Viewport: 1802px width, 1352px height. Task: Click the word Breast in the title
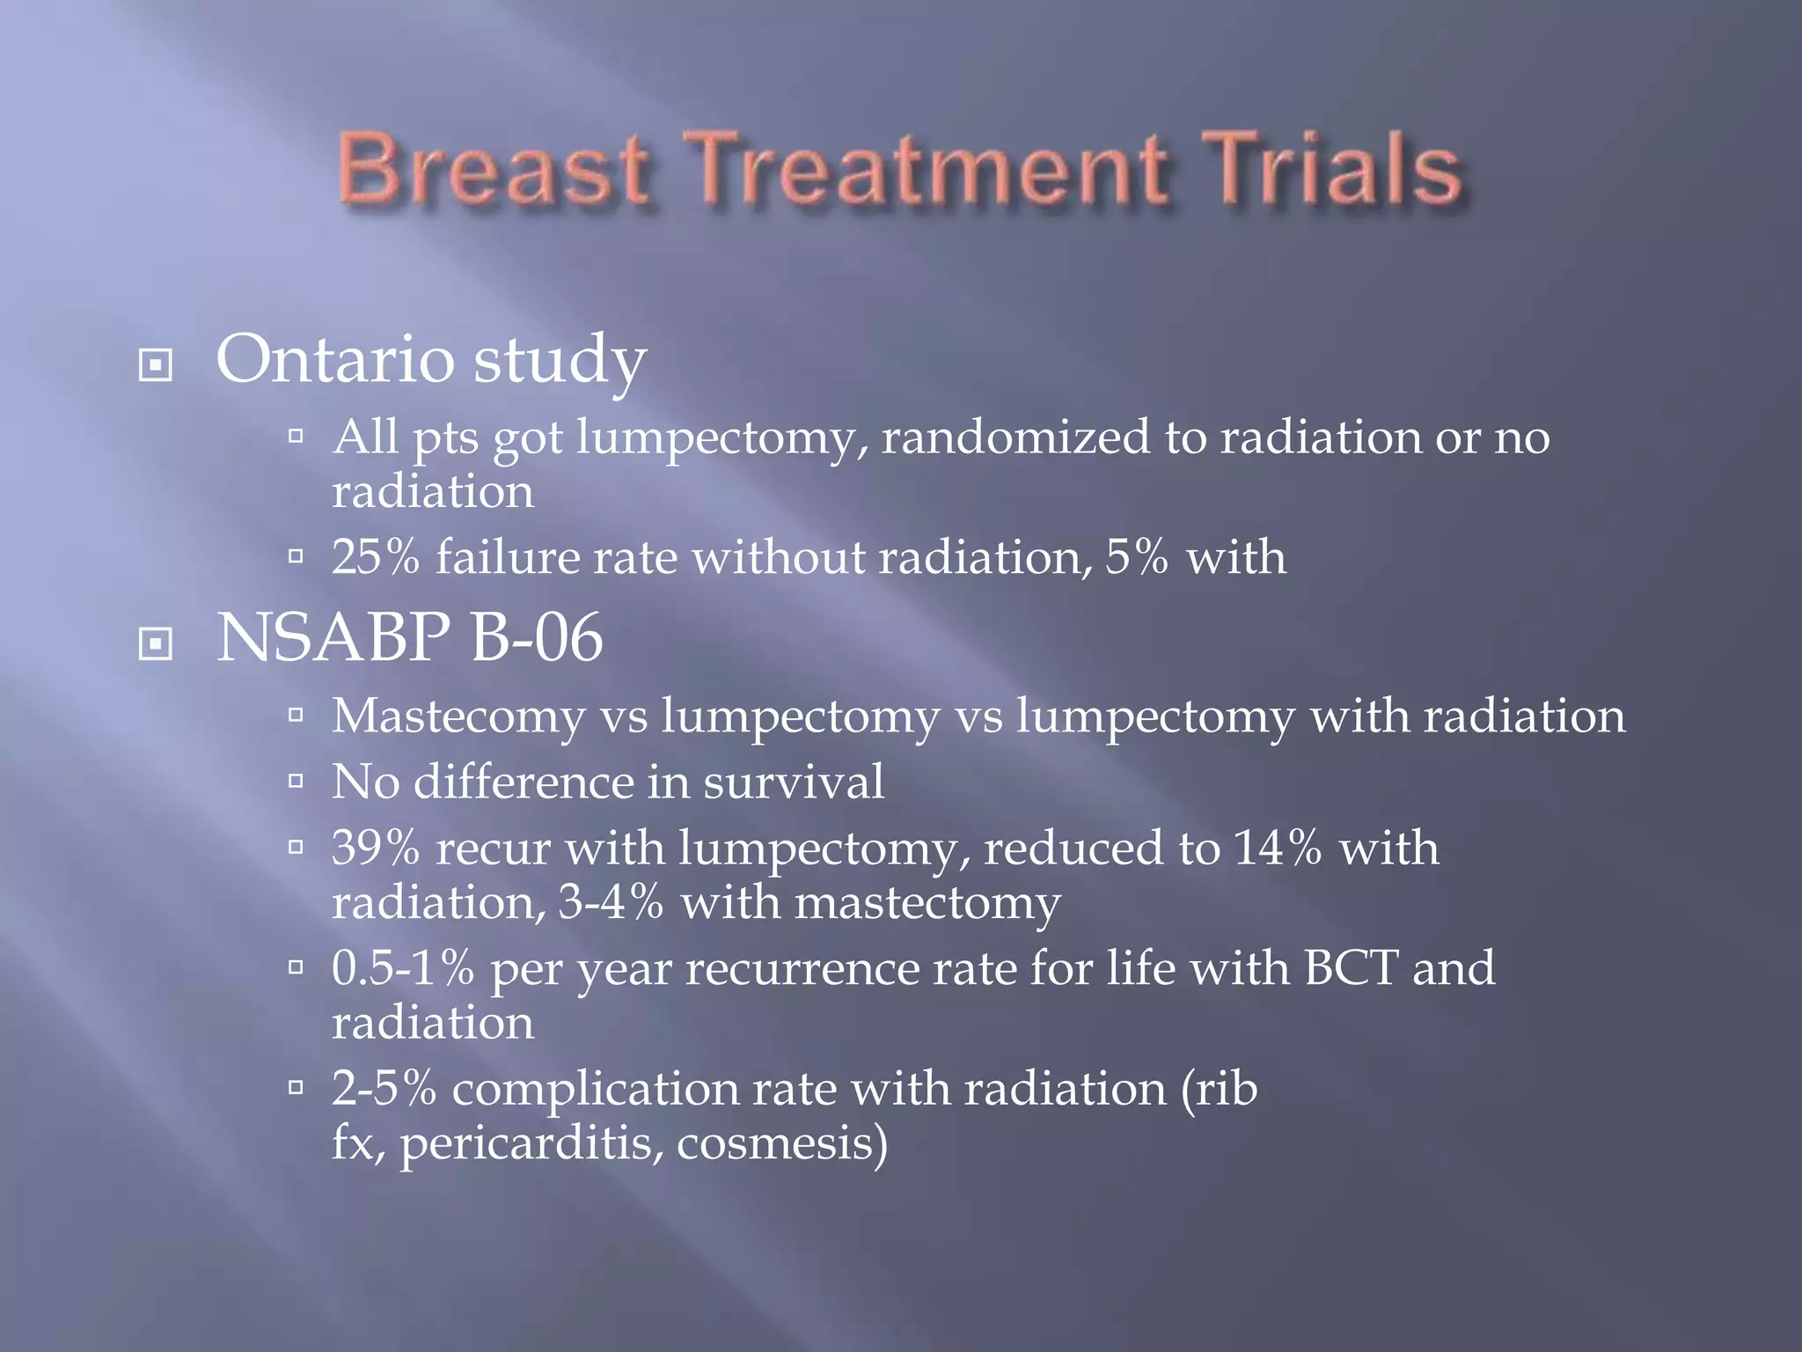(x=494, y=170)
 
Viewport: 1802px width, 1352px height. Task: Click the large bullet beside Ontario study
(x=156, y=364)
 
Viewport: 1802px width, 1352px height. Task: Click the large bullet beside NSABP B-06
(x=156, y=643)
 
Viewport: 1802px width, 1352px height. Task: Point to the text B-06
(x=537, y=637)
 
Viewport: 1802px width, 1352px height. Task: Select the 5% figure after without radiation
(x=1137, y=557)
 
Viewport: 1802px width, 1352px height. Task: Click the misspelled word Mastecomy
(x=458, y=716)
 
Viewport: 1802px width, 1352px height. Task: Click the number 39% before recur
(x=376, y=848)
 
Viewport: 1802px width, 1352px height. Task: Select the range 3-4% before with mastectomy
(x=611, y=903)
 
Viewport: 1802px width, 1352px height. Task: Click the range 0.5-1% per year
(x=403, y=968)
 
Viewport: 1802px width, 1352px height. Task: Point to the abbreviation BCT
(x=1351, y=968)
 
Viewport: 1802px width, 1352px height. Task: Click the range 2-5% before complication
(x=384, y=1089)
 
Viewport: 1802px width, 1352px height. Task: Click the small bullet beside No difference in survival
(x=296, y=780)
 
